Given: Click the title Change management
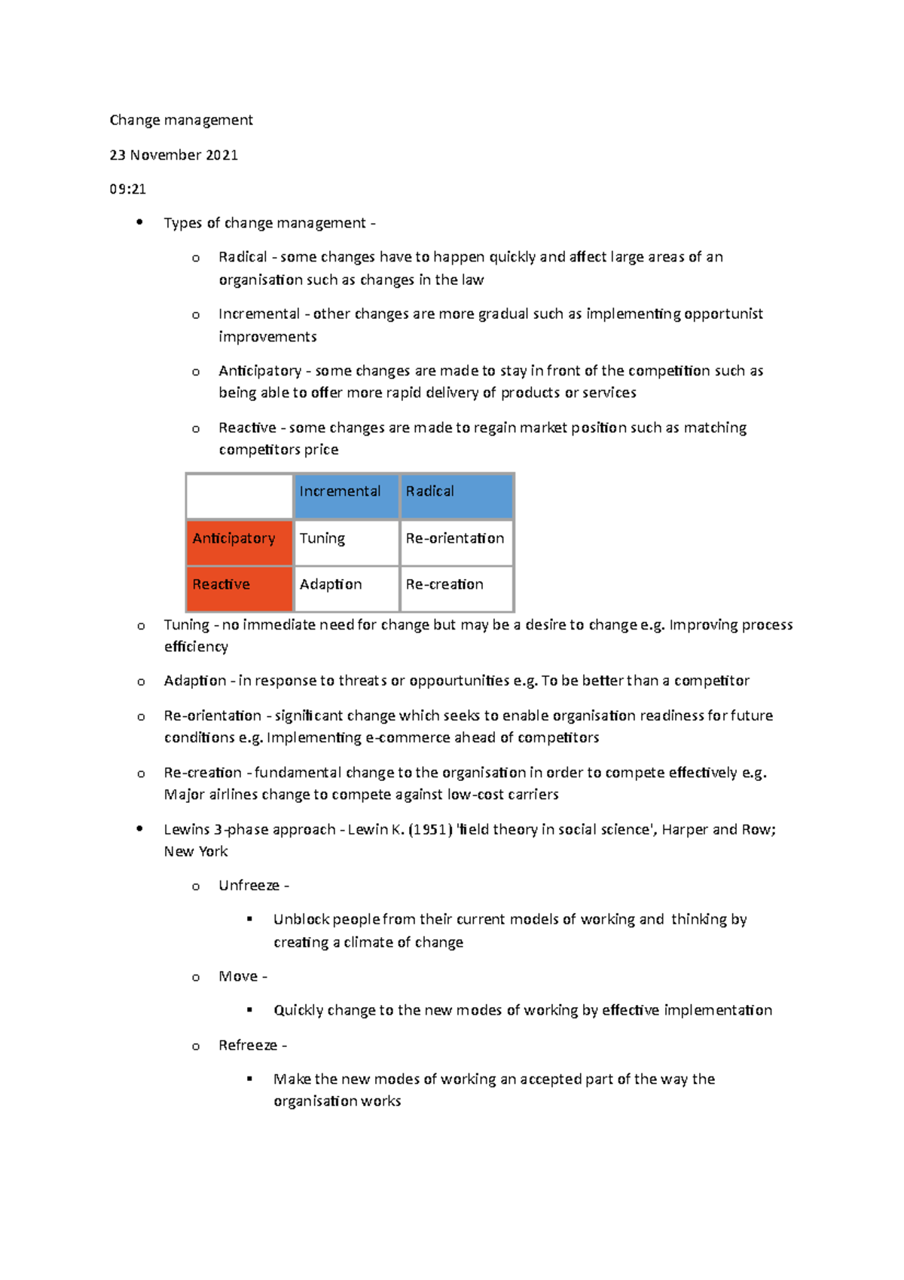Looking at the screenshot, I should coord(181,120).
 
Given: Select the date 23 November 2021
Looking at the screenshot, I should coord(173,155).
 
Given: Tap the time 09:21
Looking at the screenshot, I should coord(127,189).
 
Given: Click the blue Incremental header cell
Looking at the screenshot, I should coord(346,496).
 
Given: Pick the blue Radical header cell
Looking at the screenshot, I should coord(456,496).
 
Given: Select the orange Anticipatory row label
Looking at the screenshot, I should coord(239,543).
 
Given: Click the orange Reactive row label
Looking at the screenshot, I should coord(239,589).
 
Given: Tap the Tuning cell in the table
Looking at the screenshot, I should coord(346,543).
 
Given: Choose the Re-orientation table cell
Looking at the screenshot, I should coord(456,543).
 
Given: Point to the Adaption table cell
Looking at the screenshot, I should coord(346,589).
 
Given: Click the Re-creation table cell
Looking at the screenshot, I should coord(456,589).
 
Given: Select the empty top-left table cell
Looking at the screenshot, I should coord(239,496).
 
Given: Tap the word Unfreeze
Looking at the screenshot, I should coord(249,886).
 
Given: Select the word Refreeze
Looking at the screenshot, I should coord(248,1046).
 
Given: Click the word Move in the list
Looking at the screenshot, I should coord(238,977).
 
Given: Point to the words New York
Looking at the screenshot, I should coord(196,852).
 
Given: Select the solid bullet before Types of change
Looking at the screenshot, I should coord(139,222).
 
